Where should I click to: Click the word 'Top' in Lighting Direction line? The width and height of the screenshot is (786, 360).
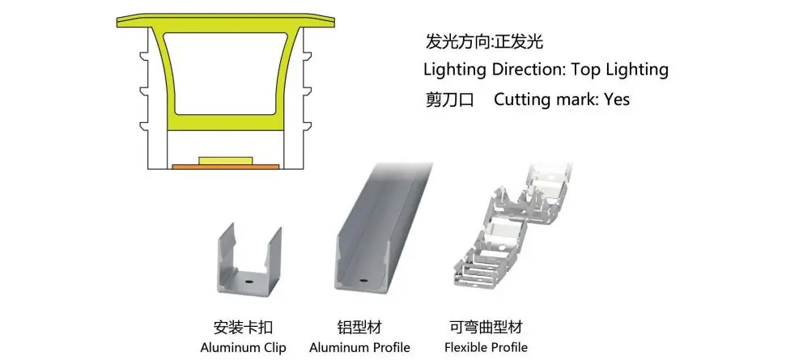(593, 70)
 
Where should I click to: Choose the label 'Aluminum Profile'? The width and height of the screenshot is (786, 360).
(359, 349)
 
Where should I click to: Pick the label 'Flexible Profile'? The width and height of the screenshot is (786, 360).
(486, 349)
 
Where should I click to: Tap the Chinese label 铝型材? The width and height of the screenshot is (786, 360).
(359, 328)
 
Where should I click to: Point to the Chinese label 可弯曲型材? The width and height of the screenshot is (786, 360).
(486, 328)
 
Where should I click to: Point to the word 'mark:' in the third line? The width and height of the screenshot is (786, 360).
(578, 100)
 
